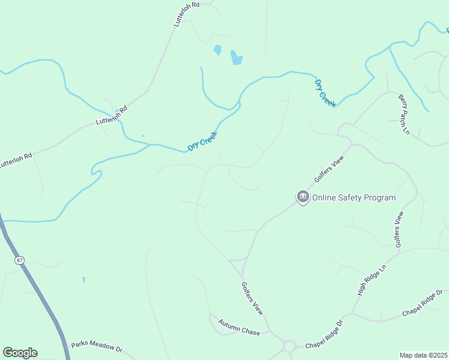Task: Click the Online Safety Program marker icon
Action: pyautogui.click(x=303, y=197)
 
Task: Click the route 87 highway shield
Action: pyautogui.click(x=19, y=260)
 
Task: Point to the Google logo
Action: pyautogui.click(x=20, y=352)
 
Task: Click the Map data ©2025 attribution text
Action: pyautogui.click(x=424, y=355)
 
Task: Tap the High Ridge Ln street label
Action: pyautogui.click(x=370, y=280)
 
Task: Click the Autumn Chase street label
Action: pyautogui.click(x=239, y=327)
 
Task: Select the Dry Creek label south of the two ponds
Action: pyautogui.click(x=202, y=141)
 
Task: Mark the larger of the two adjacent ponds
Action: pyautogui.click(x=237, y=57)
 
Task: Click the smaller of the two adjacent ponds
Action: pyautogui.click(x=217, y=50)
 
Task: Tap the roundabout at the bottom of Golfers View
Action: pyautogui.click(x=289, y=346)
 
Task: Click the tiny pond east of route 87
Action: pyautogui.click(x=83, y=280)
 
